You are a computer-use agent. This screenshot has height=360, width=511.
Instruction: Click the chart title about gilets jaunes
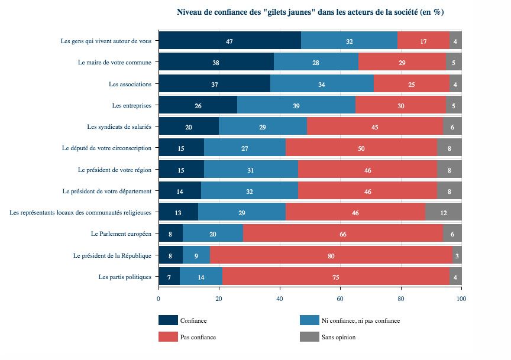311,12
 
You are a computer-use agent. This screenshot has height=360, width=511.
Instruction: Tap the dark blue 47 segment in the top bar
229,41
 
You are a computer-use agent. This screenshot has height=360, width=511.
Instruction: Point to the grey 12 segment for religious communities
444,212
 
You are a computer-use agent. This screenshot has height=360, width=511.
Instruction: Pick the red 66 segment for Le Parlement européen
343,234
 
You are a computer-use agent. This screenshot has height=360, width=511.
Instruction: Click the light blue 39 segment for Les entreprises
296,105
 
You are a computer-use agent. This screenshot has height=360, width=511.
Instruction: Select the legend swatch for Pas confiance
168,337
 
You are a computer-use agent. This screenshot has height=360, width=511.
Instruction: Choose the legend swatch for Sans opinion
309,337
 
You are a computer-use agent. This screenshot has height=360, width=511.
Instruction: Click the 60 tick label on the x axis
340,299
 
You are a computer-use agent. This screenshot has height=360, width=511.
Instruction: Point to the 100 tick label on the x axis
461,299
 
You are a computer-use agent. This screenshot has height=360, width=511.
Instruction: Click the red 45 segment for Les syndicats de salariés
375,127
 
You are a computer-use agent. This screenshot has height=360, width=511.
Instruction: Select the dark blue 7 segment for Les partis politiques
169,277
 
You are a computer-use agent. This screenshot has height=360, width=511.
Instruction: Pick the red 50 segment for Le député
361,148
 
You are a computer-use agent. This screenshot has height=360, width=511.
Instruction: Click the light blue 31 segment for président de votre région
251,170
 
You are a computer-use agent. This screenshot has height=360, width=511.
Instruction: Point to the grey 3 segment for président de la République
457,255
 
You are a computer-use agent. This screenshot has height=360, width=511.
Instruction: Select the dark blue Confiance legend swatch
168,320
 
